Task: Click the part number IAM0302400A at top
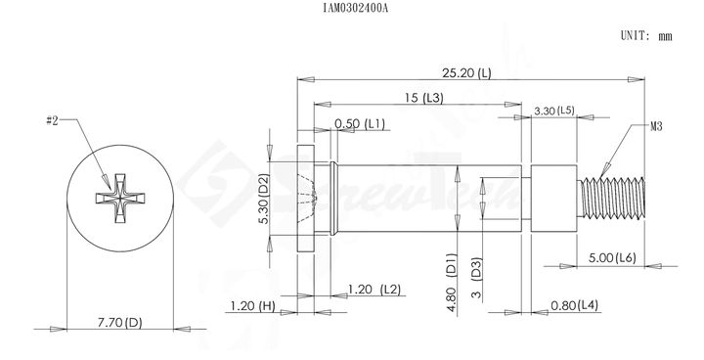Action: tap(355, 8)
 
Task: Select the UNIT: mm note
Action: tap(646, 35)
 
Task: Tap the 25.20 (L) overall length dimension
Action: tap(466, 72)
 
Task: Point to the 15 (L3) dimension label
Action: tap(423, 98)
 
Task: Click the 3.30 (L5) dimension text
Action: tap(554, 111)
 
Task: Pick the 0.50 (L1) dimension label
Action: tap(360, 124)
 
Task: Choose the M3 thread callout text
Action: tap(656, 127)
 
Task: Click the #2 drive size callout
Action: tap(53, 120)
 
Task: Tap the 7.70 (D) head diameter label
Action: tap(120, 322)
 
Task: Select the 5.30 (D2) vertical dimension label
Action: tap(265, 199)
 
